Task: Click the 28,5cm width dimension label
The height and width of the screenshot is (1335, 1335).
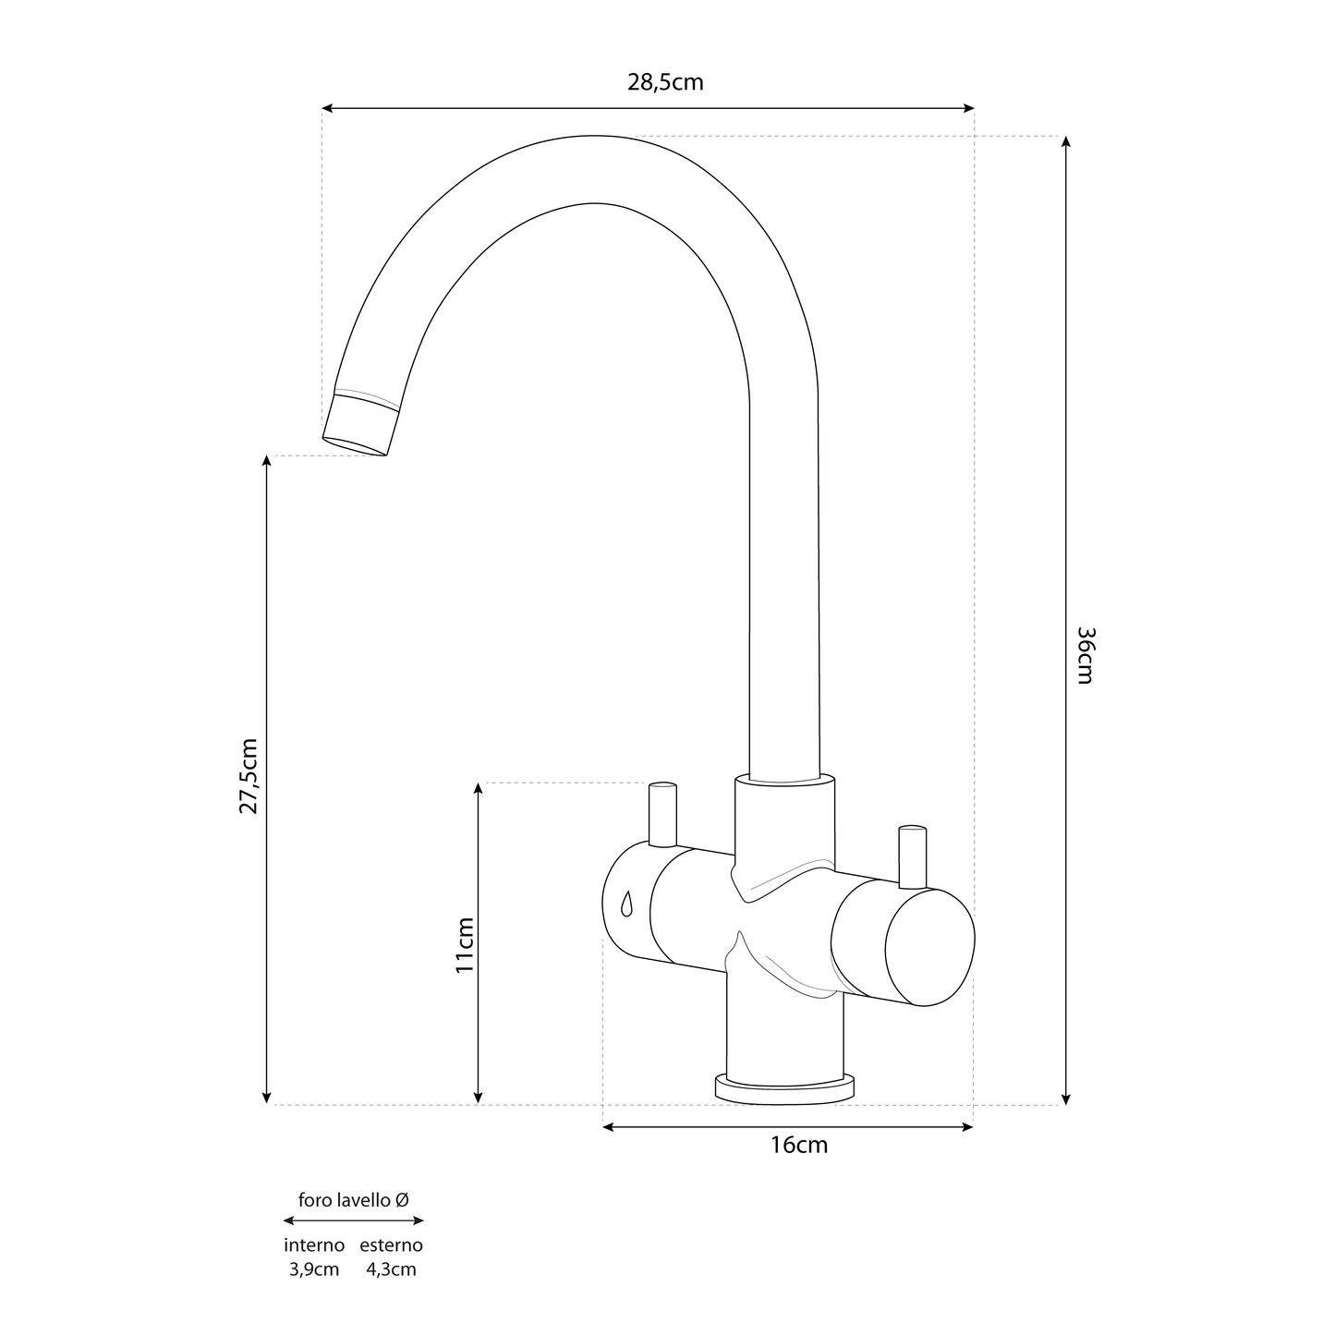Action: click(665, 82)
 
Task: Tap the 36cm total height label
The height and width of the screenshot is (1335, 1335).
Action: click(1086, 655)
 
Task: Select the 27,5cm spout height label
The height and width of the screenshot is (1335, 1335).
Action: click(249, 776)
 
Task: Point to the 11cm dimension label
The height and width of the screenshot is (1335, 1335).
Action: click(464, 944)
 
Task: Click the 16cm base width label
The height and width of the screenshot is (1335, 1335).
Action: click(799, 1146)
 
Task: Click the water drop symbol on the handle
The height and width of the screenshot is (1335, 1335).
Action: click(627, 903)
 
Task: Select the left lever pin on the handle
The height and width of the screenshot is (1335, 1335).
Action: click(662, 814)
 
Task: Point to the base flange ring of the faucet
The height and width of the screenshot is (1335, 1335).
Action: click(784, 1088)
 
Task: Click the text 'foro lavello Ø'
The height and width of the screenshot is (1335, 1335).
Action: click(353, 1199)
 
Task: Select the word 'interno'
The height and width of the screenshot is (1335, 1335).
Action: click(314, 1245)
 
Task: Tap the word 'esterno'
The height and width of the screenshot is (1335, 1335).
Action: click(391, 1245)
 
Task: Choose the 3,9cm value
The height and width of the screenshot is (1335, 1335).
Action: click(314, 1269)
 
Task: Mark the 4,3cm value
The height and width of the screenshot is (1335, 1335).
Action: click(391, 1269)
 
